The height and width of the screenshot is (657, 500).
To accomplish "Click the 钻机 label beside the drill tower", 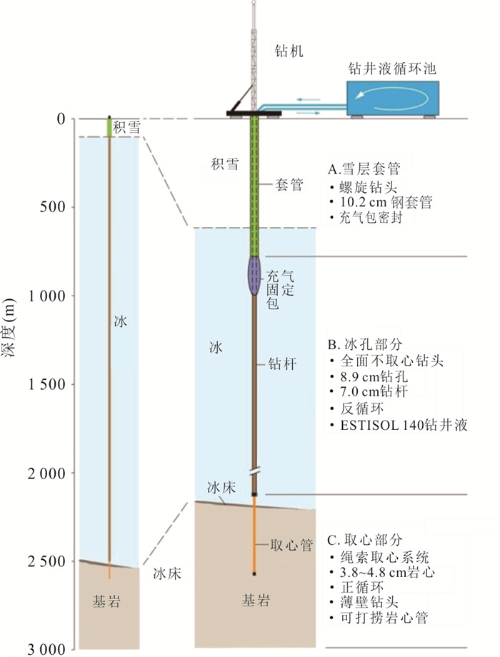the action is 289,51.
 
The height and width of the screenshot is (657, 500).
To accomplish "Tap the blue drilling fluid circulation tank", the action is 393,98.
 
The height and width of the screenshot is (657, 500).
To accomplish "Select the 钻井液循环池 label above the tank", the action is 392,69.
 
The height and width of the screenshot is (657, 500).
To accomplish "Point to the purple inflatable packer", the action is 254,275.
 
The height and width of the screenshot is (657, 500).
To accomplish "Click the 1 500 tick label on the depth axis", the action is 46,384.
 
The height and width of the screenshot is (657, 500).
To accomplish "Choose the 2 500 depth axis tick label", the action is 46,561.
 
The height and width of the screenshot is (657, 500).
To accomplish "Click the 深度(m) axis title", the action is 9,327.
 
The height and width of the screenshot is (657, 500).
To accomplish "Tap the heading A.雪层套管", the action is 364,169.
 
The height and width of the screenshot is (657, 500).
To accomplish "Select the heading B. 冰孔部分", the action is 365,344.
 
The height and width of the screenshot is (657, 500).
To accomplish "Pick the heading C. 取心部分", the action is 365,540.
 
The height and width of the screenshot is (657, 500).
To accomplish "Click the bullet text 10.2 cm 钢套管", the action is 386,202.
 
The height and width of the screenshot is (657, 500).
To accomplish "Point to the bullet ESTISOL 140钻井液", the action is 404,426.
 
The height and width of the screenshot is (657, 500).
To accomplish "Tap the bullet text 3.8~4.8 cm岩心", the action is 387,572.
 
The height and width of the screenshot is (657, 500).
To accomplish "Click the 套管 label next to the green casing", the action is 289,184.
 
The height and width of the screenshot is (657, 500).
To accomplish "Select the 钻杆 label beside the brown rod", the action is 282,363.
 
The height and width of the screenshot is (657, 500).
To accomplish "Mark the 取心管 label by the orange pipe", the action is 291,545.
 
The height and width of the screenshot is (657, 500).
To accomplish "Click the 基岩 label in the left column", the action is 106,602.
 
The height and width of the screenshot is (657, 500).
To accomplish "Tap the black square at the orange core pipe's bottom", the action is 254,573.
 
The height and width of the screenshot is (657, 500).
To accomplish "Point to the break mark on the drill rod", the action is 254,471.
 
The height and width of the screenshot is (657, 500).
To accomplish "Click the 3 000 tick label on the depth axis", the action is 46,650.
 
